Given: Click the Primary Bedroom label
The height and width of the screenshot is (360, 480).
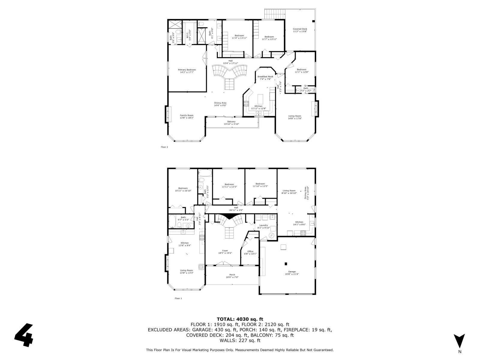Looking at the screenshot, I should coord(187,71).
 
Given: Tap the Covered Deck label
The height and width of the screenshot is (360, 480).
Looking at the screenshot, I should coord(300,30).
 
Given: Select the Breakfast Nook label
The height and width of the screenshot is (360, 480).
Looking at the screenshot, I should coord(265,78).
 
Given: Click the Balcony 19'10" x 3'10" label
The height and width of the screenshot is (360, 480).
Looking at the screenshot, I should coord(231,123).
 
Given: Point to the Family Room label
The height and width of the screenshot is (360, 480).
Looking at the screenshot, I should coord(186,116).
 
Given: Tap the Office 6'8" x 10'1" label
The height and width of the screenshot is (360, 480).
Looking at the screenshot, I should coord(250,253).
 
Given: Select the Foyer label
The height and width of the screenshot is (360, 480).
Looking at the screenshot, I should coord(225,252).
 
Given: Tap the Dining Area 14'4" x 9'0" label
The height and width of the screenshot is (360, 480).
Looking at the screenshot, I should coord(220,104).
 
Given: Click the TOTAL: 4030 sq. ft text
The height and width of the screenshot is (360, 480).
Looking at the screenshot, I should coord(240,319).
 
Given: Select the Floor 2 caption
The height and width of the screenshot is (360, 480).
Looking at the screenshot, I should coord(164,147).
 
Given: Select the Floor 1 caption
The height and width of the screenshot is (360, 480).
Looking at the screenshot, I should coord(178,298).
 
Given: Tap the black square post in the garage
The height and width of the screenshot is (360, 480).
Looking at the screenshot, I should coord(286,264).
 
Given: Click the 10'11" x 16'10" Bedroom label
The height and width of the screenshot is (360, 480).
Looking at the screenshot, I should coord(183,189).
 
